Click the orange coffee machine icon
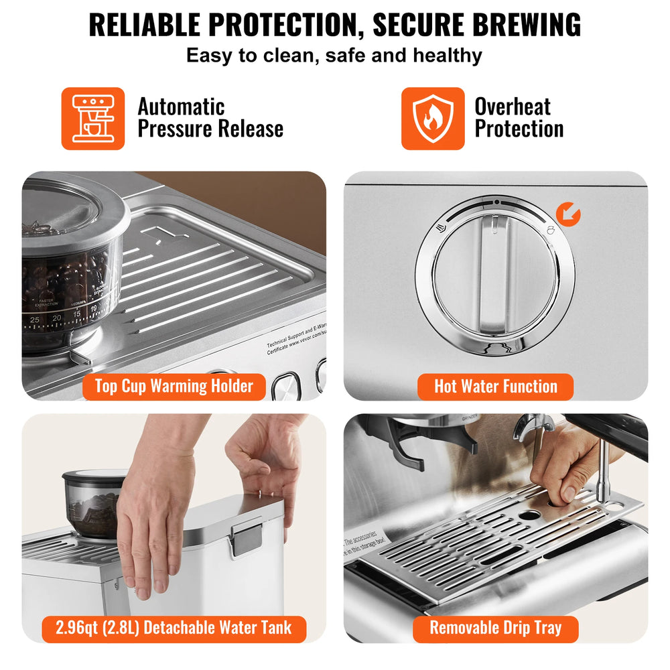pos(93,119)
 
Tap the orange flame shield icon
pos(433,119)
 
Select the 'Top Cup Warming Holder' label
pos(174,387)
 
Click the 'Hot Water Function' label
pos(495,387)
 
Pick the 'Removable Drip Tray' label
pos(495,628)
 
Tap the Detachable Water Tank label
pos(174,628)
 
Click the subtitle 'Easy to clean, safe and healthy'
pos(334,55)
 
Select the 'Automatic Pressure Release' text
pos(210,118)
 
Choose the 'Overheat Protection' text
pos(519,118)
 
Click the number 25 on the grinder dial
pos(35,320)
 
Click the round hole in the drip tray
pos(531,516)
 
